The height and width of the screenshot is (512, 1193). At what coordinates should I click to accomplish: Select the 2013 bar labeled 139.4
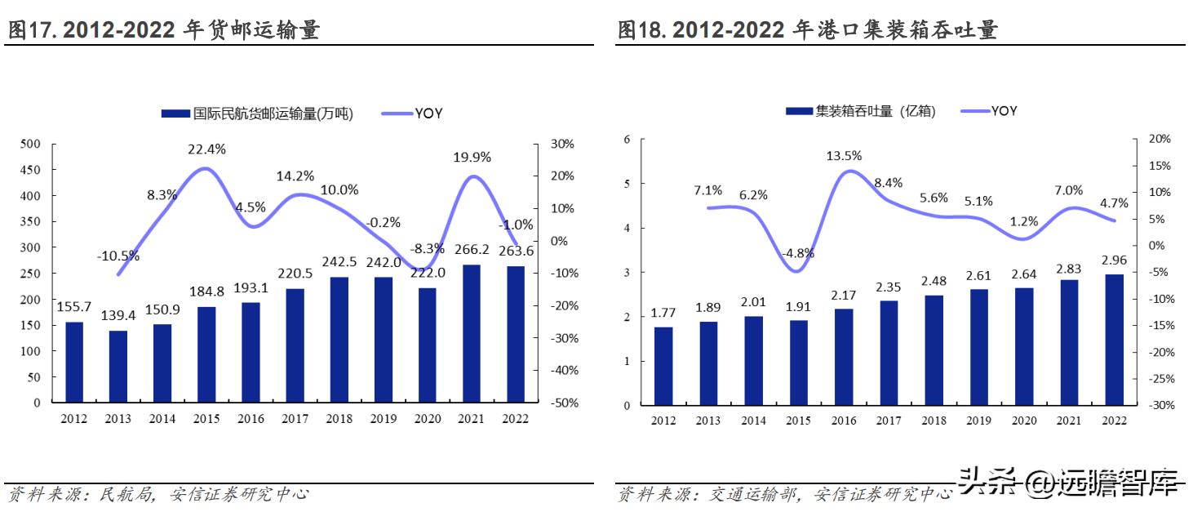118,366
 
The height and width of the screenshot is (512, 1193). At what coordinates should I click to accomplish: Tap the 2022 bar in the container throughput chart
1114,340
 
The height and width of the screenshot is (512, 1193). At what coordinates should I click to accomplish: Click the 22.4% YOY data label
206,149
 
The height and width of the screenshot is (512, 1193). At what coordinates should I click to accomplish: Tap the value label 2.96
1114,261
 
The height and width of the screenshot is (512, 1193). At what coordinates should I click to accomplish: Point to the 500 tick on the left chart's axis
29,145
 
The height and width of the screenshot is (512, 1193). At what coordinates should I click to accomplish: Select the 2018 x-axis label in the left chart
339,419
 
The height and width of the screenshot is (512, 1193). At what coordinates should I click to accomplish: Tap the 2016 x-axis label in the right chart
843,421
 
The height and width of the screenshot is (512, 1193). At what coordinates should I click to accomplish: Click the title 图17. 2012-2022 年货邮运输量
163,31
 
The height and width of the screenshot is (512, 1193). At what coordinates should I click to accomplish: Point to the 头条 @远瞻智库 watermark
1068,483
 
